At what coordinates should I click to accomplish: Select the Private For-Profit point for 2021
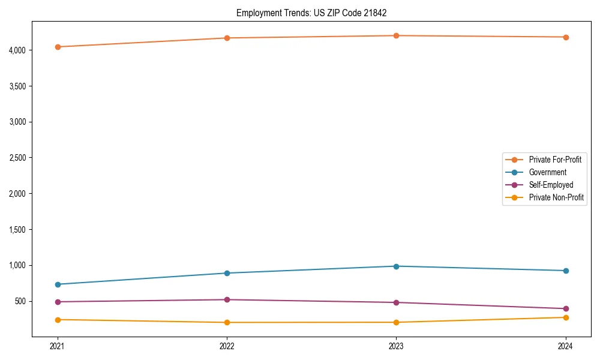[58, 47]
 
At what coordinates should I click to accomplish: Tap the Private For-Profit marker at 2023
[396, 35]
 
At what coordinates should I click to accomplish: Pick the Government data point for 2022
[227, 273]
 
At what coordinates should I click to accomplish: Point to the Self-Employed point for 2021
[58, 302]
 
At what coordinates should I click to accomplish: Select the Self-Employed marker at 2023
[396, 302]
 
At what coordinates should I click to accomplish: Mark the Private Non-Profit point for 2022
[227, 322]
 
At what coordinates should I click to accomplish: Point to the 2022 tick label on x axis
[227, 346]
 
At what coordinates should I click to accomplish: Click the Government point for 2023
[396, 266]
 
